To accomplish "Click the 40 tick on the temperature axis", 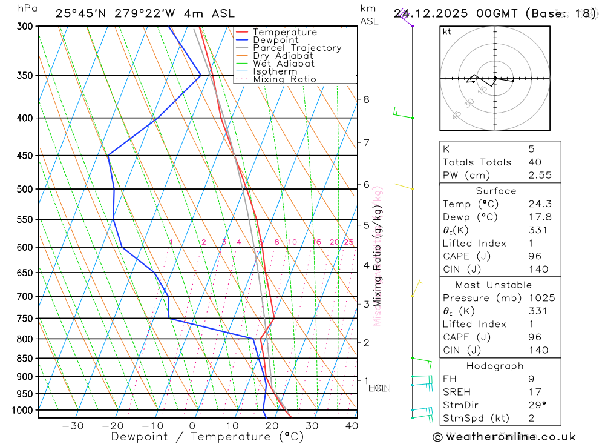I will pyautogui.click(x=352, y=426).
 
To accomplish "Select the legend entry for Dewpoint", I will pyautogui.click(x=275, y=40).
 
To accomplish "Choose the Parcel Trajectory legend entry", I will pyautogui.click(x=297, y=48).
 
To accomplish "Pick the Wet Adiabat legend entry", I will pyautogui.click(x=284, y=64).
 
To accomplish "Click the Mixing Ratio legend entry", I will pyautogui.click(x=284, y=79).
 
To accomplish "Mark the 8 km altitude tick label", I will pyautogui.click(x=366, y=99).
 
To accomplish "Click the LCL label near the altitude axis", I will pyautogui.click(x=378, y=388).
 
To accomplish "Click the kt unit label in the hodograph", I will pyautogui.click(x=447, y=31).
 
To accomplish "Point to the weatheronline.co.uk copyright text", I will pyautogui.click(x=504, y=437).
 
